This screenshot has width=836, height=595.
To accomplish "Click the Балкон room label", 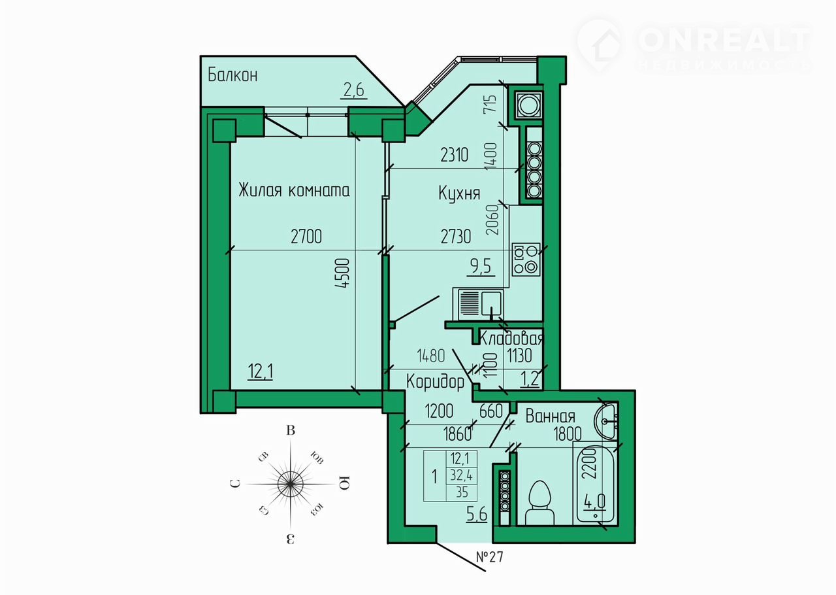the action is click(233, 75).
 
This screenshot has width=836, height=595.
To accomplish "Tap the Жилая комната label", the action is click(294, 190).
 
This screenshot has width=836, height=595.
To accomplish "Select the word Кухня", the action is click(459, 194).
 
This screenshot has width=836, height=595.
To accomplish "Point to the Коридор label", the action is click(435, 382).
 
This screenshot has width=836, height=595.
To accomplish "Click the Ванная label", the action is click(550, 416).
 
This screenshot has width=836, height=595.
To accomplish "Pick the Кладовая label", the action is click(511, 338).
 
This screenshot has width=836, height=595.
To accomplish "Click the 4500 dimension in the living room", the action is click(344, 273).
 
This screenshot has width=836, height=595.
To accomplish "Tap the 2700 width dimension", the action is click(306, 237).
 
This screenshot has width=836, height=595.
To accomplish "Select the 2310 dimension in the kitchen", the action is click(454, 155).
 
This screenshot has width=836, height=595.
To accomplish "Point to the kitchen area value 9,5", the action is click(481, 267).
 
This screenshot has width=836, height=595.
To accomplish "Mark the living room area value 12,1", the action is click(261, 371).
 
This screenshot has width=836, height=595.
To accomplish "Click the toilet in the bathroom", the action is click(539, 503).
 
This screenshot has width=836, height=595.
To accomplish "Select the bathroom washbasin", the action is click(606, 421).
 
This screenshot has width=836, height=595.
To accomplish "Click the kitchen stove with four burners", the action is click(526, 260).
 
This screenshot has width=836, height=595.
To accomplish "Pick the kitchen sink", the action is click(478, 304).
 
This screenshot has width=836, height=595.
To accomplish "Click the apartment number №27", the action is click(490, 557).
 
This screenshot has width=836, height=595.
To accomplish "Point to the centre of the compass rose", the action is click(291, 484).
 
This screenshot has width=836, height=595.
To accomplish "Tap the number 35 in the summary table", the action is click(462, 492).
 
